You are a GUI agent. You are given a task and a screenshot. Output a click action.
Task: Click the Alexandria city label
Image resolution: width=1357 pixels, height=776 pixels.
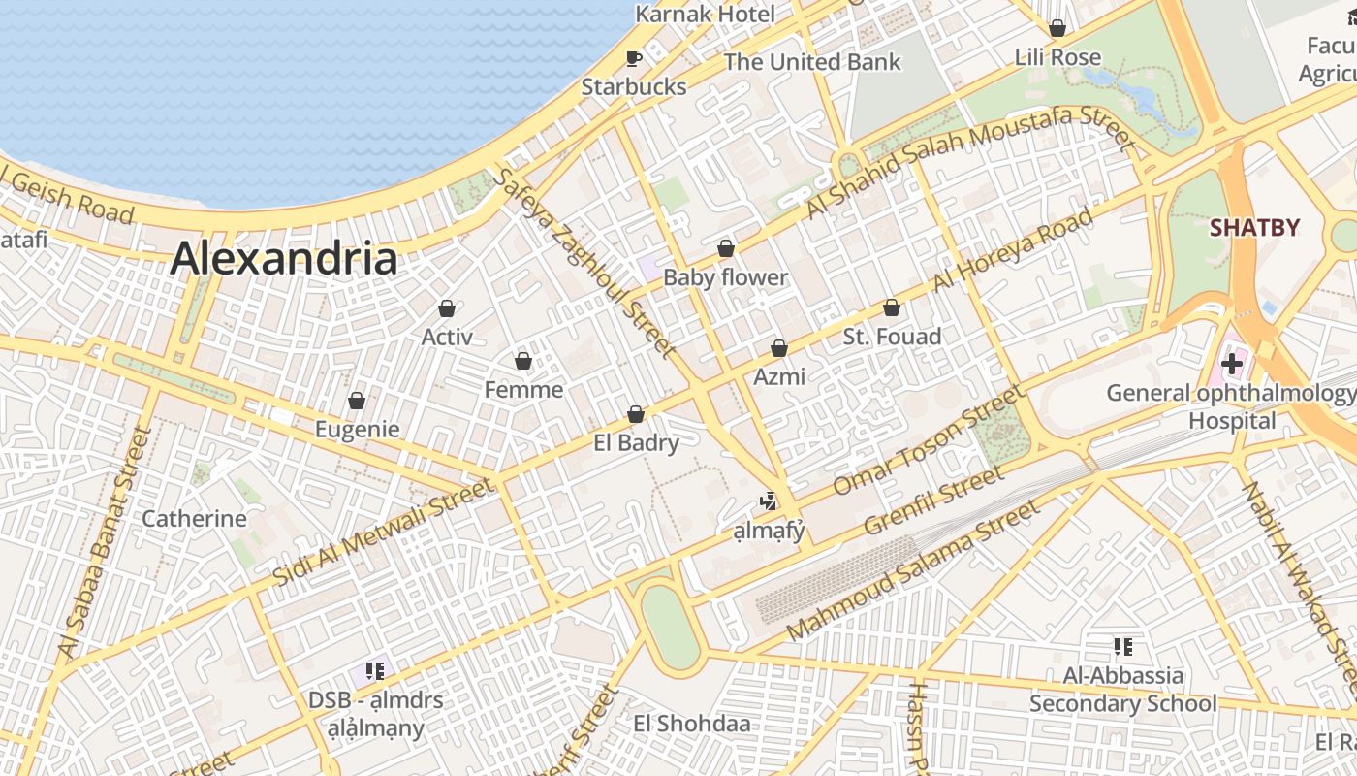[x=284, y=260]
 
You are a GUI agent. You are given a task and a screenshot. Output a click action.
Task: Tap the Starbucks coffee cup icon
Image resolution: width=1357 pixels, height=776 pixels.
[x=634, y=58]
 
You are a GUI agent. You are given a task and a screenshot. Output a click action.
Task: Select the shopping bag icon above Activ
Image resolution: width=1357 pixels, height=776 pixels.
[x=447, y=308]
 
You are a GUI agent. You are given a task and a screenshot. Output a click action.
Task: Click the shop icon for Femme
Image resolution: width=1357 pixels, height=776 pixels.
[x=523, y=361]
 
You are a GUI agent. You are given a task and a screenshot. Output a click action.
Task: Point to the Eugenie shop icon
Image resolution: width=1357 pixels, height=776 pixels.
[x=357, y=401]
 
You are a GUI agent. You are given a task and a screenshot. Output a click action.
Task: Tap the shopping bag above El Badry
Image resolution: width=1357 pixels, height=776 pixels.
[x=636, y=414]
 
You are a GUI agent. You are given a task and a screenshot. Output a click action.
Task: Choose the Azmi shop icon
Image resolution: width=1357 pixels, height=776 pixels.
[x=778, y=348]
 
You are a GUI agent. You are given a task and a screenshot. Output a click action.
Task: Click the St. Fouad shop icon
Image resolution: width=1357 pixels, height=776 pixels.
[x=892, y=307]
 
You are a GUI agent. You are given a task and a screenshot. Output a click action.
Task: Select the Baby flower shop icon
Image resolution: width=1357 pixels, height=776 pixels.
[x=725, y=248]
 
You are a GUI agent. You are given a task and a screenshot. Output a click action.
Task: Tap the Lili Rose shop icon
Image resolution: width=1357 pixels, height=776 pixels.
[x=1057, y=28]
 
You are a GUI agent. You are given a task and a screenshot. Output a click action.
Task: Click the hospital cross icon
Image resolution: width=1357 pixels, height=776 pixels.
[x=1232, y=365]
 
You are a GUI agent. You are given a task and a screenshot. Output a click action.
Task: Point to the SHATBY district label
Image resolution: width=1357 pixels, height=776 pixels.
[x=1254, y=228]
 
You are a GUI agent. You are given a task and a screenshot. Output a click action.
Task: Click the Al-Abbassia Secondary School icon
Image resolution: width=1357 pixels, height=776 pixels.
[x=1123, y=646]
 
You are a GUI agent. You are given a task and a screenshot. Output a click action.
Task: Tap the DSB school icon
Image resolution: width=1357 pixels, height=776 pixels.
[x=375, y=670]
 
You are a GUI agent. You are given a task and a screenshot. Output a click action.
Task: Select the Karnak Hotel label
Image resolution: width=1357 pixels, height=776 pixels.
[x=705, y=14]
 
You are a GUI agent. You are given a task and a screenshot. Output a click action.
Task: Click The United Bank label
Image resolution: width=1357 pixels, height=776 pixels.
[x=812, y=62]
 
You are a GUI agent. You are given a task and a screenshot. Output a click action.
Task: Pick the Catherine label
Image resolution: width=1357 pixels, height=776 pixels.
[x=194, y=518]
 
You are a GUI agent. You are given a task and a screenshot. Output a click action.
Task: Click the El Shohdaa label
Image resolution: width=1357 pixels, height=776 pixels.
[x=691, y=724]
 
